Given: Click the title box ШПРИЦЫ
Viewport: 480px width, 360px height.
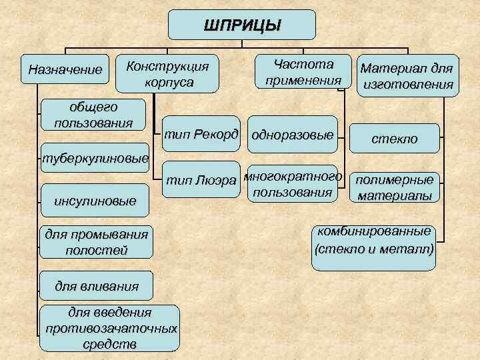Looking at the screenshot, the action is pyautogui.click(x=242, y=25).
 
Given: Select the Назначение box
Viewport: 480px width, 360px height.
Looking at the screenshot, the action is pyautogui.click(x=65, y=69).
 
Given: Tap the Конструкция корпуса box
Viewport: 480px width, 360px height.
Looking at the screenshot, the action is pyautogui.click(x=167, y=73).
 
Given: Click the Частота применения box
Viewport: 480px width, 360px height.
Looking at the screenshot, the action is pyautogui.click(x=303, y=72).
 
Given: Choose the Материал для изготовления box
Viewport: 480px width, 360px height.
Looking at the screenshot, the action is pyautogui.click(x=407, y=75).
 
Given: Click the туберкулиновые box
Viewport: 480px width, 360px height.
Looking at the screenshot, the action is pyautogui.click(x=94, y=159).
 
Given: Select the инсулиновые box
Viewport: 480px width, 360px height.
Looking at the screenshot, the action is pyautogui.click(x=94, y=201).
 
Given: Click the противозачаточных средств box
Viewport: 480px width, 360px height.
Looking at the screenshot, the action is pyautogui.click(x=110, y=329).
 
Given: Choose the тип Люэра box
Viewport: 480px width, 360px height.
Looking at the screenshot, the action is pyautogui.click(x=201, y=179).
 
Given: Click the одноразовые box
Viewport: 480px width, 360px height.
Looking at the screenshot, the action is pyautogui.click(x=293, y=135).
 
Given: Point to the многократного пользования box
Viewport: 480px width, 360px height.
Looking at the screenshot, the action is pyautogui.click(x=293, y=184).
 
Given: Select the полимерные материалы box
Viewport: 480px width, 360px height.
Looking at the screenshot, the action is pyautogui.click(x=395, y=187).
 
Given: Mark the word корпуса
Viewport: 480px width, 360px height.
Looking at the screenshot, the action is pyautogui.click(x=168, y=83).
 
